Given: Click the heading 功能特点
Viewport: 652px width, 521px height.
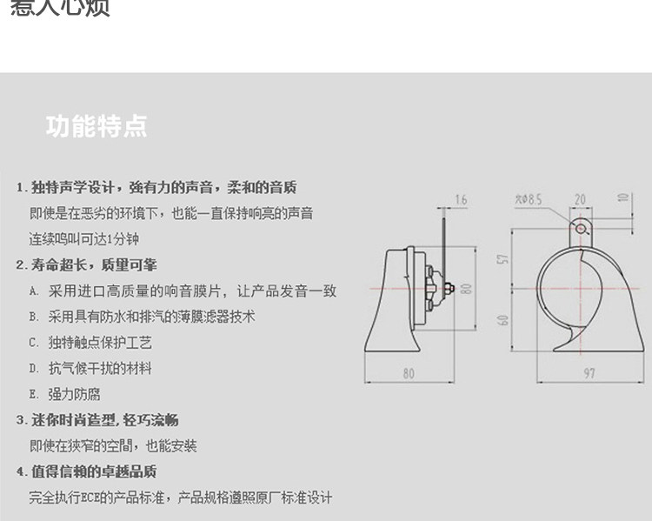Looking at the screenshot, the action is (x=96, y=126).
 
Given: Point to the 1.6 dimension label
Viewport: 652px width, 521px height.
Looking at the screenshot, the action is (x=461, y=200).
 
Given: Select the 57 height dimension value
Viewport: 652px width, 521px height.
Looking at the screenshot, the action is (x=503, y=259).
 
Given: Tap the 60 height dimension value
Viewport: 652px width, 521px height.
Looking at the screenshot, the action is (x=503, y=320).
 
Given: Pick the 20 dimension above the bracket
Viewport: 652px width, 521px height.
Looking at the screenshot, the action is (x=579, y=200).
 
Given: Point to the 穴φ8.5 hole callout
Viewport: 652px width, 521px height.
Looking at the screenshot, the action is (x=529, y=200).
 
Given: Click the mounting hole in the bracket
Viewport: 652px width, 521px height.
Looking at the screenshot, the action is (x=579, y=228).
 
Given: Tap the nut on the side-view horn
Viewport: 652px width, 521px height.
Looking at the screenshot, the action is (x=446, y=289).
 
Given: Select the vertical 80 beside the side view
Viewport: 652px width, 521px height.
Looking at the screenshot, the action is (x=466, y=287).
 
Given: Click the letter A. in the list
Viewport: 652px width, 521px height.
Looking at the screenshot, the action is (x=33, y=291).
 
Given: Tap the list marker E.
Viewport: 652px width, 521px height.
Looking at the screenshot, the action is (x=33, y=394).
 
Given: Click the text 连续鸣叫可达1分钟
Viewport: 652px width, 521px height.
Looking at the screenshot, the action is (x=84, y=238).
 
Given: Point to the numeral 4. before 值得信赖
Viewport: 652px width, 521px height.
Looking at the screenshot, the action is (x=21, y=472).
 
